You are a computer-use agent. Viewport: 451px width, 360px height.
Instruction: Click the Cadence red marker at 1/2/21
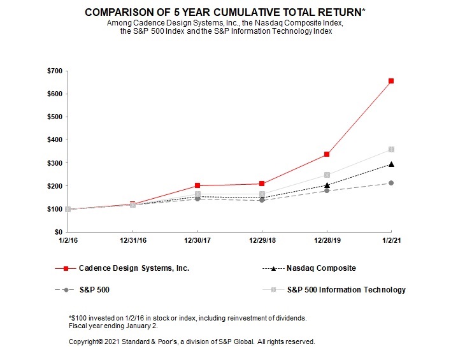pyautogui.click(x=391, y=81)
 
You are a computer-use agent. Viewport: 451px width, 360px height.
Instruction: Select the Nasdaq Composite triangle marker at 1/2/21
pyautogui.click(x=391, y=164)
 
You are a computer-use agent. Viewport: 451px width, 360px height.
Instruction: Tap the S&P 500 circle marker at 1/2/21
pyautogui.click(x=391, y=183)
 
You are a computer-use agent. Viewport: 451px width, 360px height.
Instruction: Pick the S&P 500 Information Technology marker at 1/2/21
pyautogui.click(x=391, y=149)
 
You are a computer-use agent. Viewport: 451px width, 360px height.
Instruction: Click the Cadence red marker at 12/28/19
pyautogui.click(x=327, y=154)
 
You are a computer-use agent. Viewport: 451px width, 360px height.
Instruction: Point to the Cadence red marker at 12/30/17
pyautogui.click(x=197, y=185)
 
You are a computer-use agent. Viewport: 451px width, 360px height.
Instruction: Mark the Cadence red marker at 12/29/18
pyautogui.click(x=262, y=184)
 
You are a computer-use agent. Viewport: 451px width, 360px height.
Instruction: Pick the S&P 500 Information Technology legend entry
pyautogui.click(x=346, y=290)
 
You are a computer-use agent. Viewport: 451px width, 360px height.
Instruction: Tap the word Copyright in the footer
pyautogui.click(x=86, y=342)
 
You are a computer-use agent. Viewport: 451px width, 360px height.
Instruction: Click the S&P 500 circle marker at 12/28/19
pyautogui.click(x=327, y=191)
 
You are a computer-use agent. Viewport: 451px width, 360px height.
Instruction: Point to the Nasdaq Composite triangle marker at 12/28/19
pyautogui.click(x=327, y=185)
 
